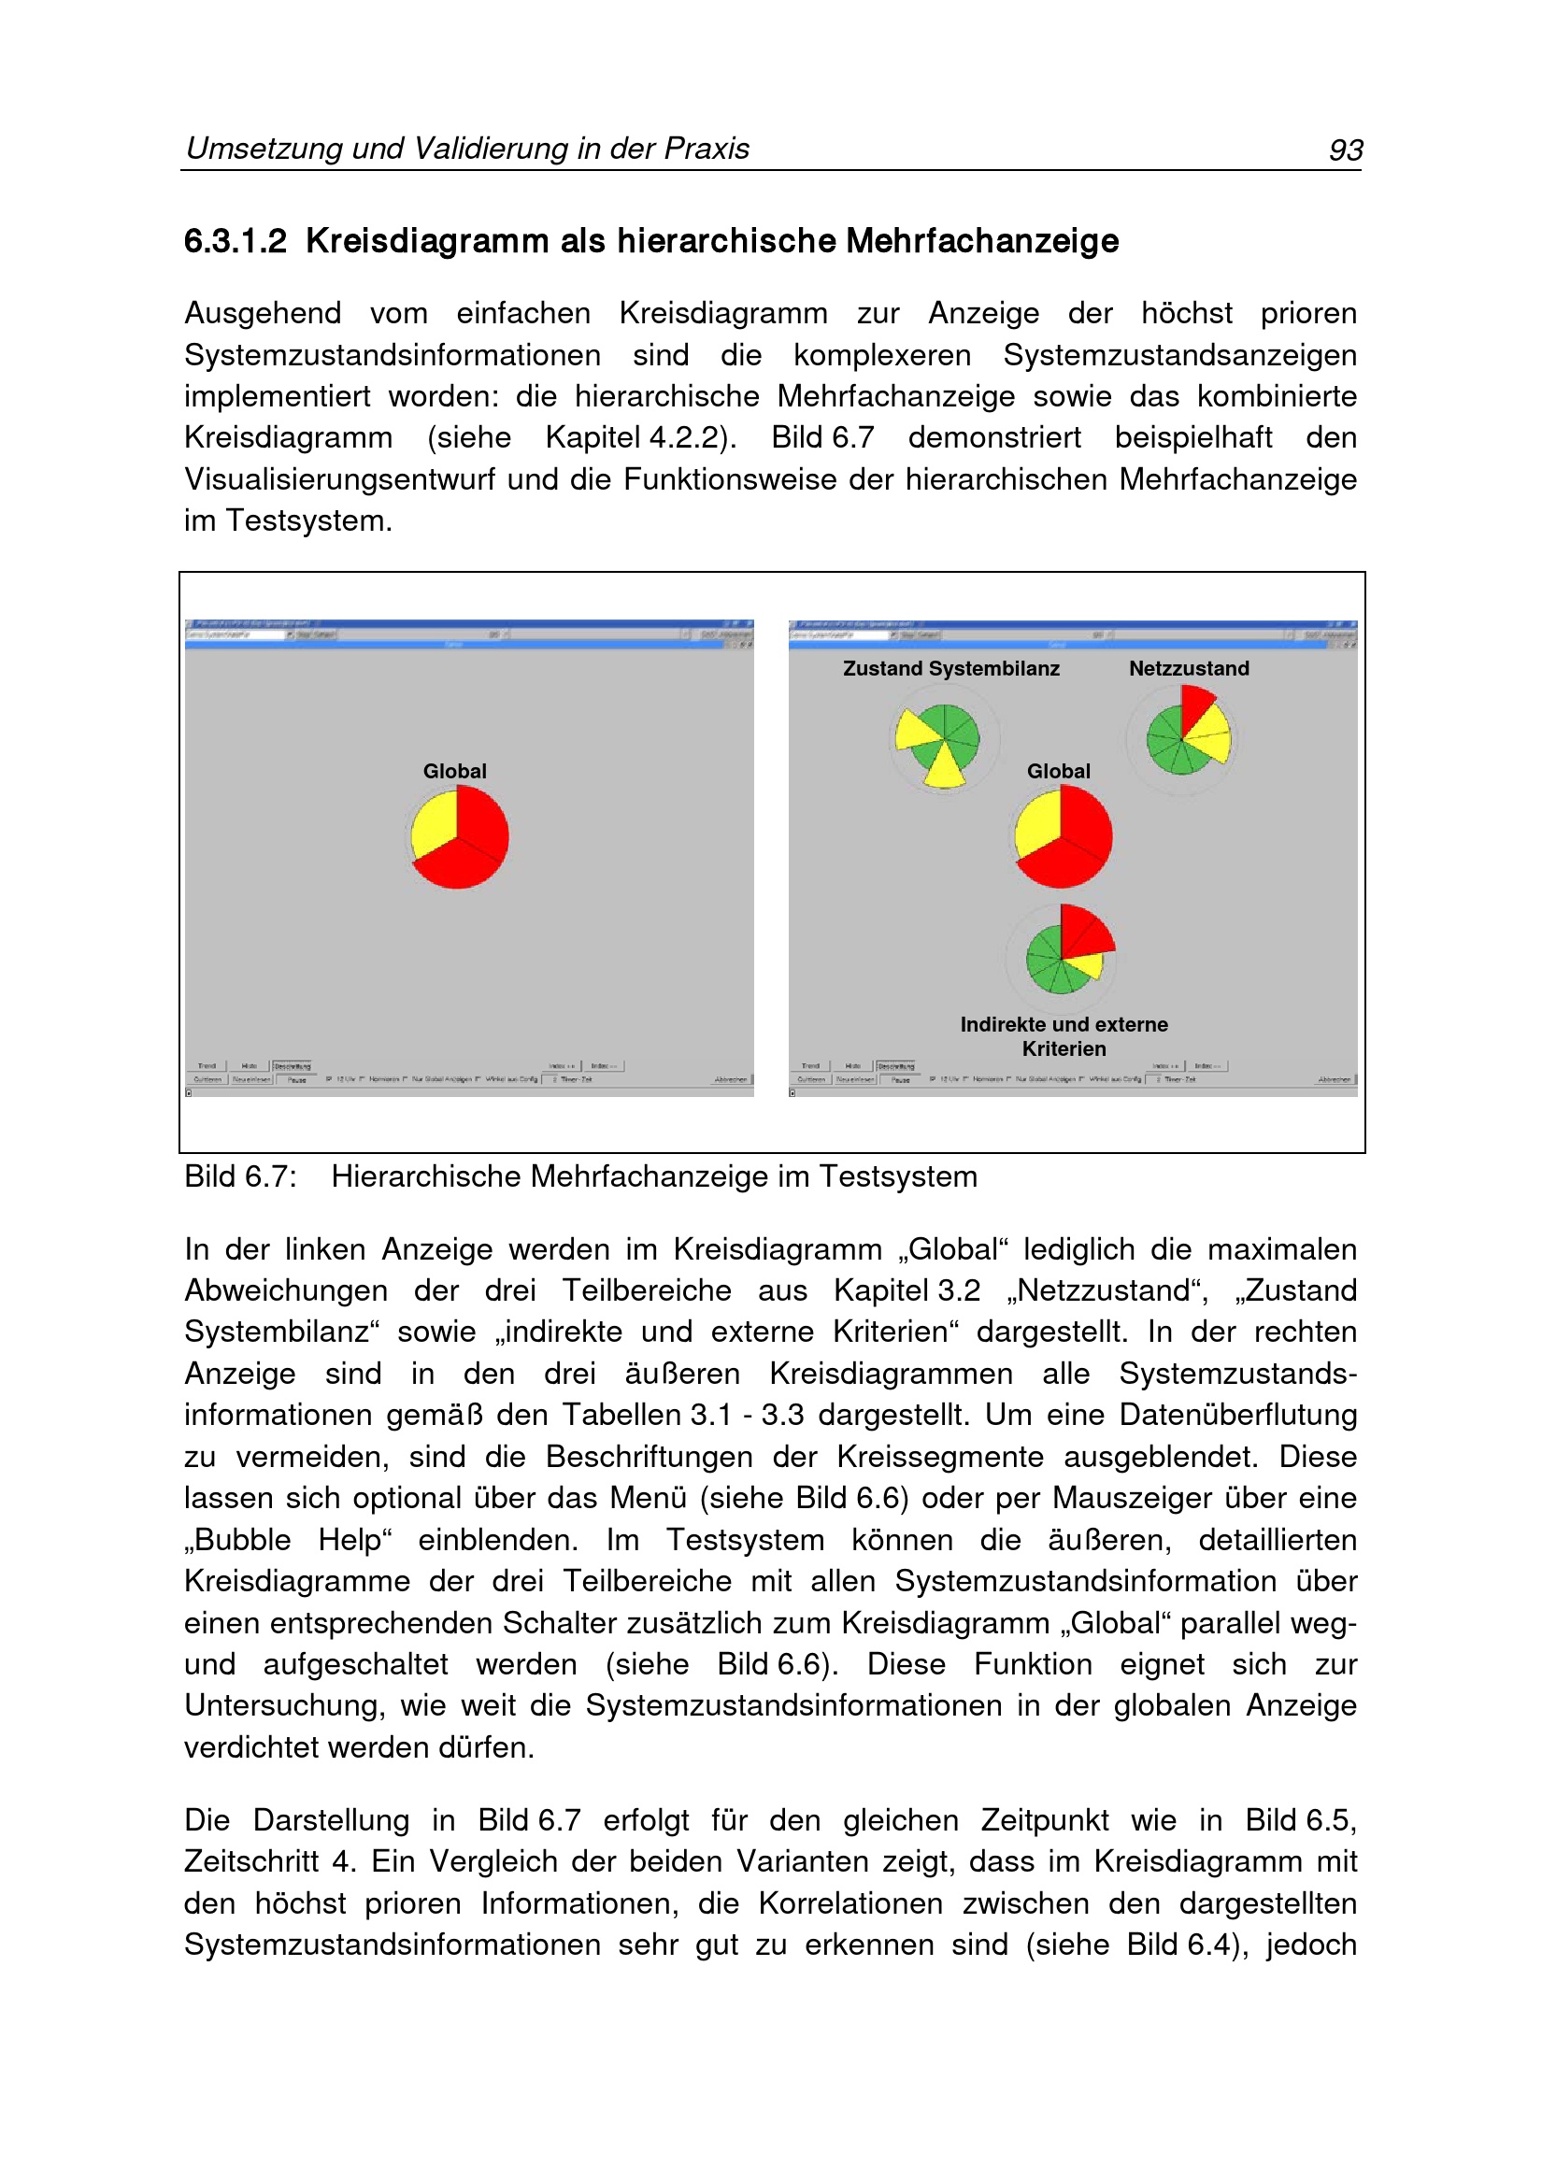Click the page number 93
pyautogui.click(x=1346, y=150)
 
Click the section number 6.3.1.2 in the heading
pyautogui.click(x=235, y=241)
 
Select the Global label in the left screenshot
pyautogui.click(x=455, y=771)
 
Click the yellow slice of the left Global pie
pyautogui.click(x=433, y=824)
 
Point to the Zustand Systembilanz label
pyautogui.click(x=950, y=668)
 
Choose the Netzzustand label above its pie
pyautogui.click(x=1189, y=668)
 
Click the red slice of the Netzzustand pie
pyautogui.click(x=1194, y=705)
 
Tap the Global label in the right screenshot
pyautogui.click(x=1058, y=771)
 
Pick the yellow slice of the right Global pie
pyautogui.click(x=1036, y=824)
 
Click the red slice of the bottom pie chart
pyautogui.click(x=1082, y=931)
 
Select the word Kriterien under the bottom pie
pyautogui.click(x=1064, y=1049)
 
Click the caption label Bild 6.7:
pyautogui.click(x=240, y=1176)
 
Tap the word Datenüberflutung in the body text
pyautogui.click(x=1237, y=1415)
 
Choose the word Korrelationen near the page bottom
pyautogui.click(x=850, y=1902)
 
